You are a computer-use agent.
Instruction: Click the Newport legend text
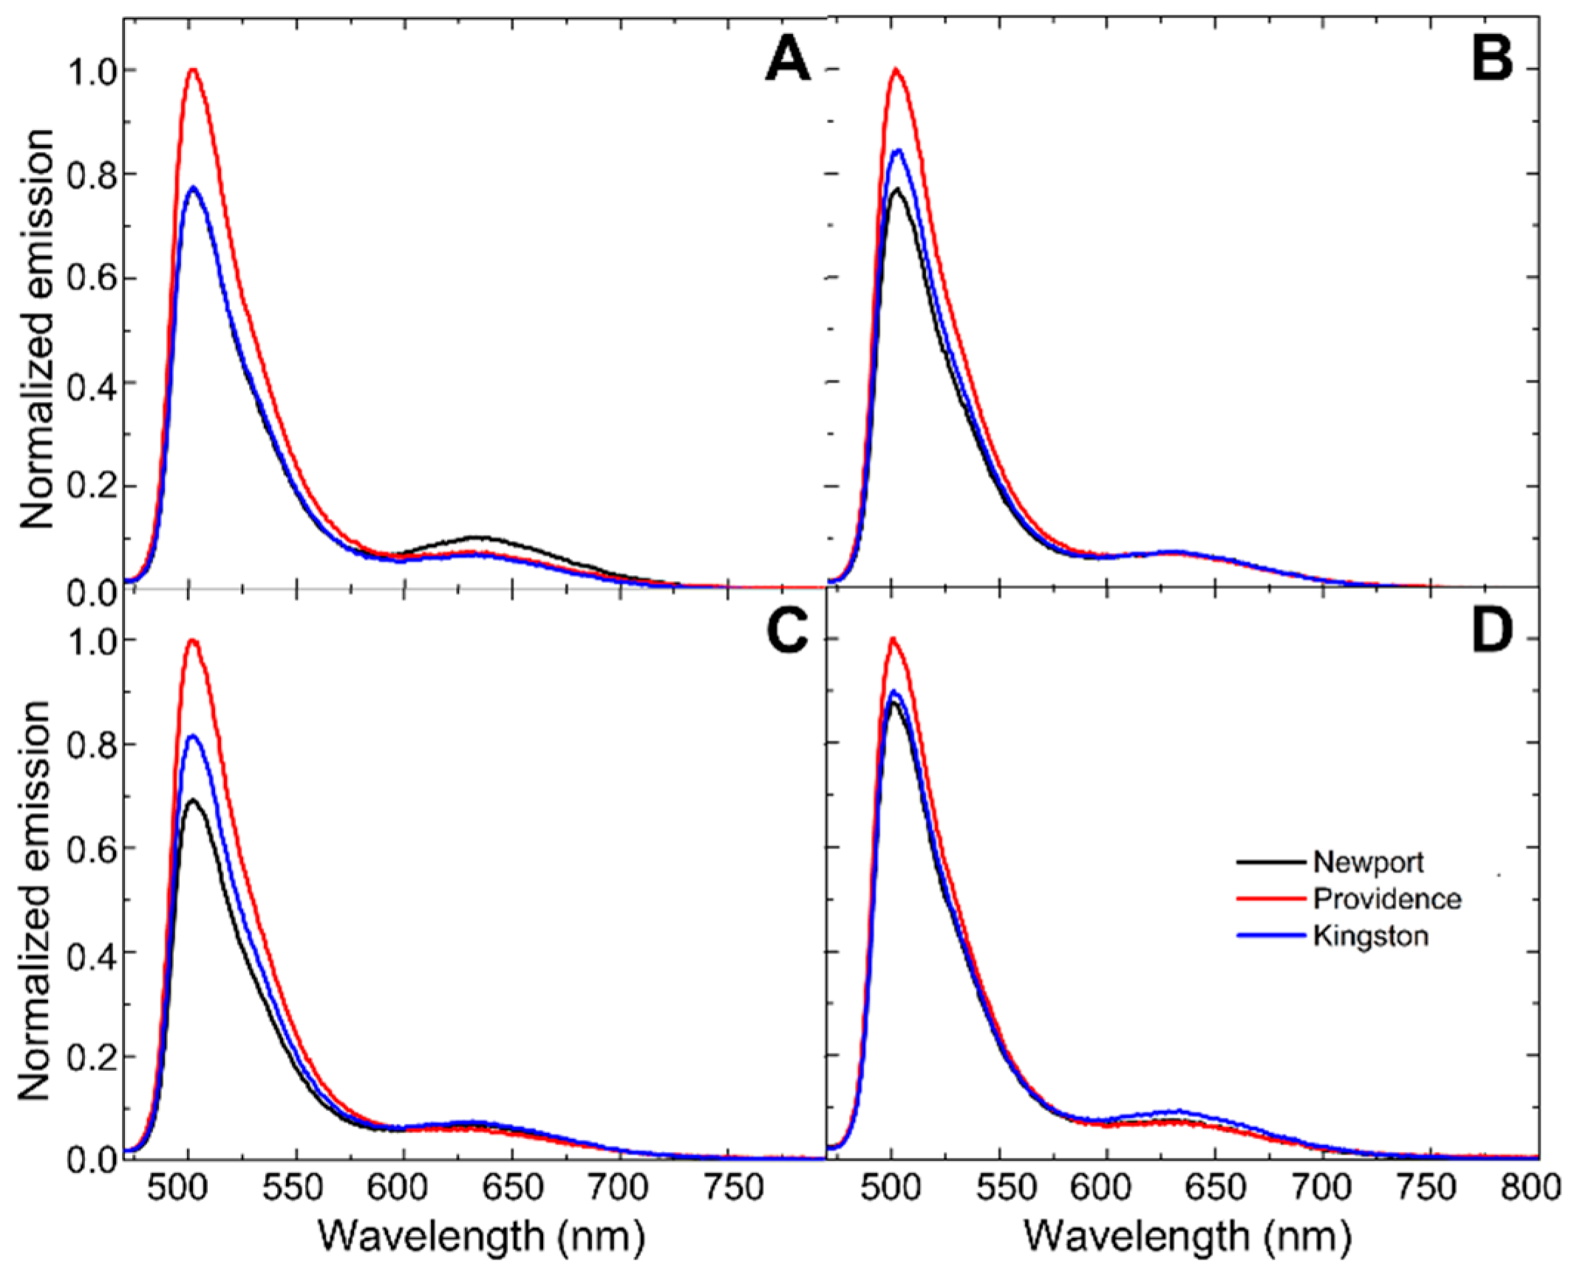(x=1368, y=862)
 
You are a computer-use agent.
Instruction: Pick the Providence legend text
(x=1386, y=899)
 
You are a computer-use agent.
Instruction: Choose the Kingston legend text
(x=1370, y=936)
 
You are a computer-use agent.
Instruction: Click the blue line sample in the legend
(x=1270, y=936)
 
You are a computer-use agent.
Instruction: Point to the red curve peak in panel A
(x=194, y=69)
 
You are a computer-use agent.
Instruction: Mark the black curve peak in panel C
(x=193, y=800)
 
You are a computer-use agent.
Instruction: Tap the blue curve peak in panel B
(x=898, y=150)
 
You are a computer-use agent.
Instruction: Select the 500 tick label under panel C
(x=188, y=1188)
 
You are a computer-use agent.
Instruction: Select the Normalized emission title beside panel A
(x=37, y=329)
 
